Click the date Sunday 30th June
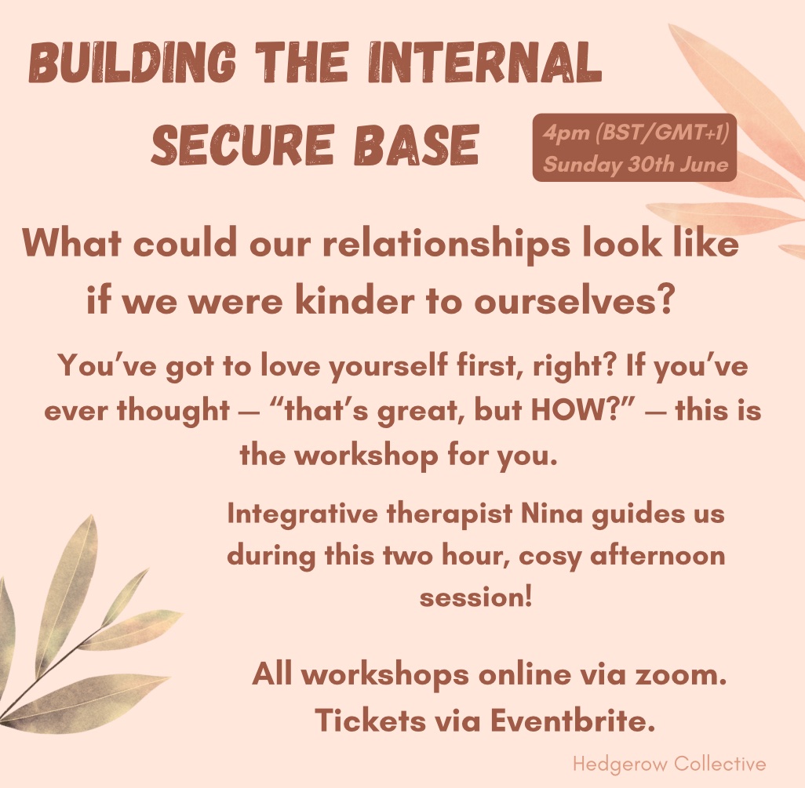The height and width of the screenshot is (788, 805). (x=636, y=165)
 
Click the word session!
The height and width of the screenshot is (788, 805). (x=476, y=597)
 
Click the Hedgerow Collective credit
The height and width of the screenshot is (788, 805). (x=668, y=763)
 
